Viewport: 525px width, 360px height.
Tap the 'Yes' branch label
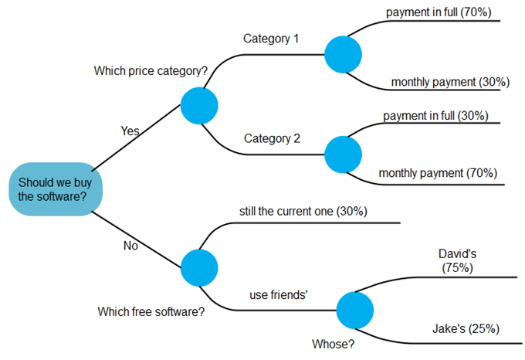pos(130,131)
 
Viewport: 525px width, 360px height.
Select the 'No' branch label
pos(130,246)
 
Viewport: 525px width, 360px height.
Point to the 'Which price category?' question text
pos(151,71)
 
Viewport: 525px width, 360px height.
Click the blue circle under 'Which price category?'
pos(199,105)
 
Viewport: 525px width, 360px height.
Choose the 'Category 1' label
pos(271,38)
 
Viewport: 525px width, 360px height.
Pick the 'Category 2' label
pos(272,139)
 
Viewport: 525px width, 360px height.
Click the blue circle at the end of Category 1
pos(343,55)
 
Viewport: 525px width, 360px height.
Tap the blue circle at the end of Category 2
pos(343,155)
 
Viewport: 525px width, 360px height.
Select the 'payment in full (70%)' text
pos(439,12)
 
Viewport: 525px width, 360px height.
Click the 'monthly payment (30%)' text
pos(445,81)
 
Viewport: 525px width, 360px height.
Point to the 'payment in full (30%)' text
pos(435,115)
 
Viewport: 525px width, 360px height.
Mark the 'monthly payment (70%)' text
pos(438,172)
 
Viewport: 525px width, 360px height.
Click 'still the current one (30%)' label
pos(303,210)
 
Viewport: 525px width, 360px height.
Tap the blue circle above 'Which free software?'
pos(199,267)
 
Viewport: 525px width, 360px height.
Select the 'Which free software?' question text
pos(151,312)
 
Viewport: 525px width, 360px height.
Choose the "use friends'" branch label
pos(279,294)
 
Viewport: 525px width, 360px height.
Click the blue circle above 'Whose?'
pos(355,311)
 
